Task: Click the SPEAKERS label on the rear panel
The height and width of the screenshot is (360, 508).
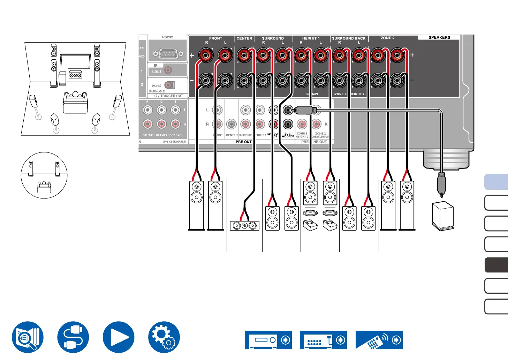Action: (439, 37)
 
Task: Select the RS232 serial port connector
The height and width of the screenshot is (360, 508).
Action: (168, 54)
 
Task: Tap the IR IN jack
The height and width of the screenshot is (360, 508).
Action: (168, 70)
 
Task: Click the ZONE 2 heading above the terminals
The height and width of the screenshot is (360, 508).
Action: (387, 38)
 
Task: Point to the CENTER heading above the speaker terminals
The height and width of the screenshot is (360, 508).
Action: (244, 38)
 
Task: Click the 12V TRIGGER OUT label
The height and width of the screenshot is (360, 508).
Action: (168, 96)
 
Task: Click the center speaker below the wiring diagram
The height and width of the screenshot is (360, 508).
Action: (244, 225)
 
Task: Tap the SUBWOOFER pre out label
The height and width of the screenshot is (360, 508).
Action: (288, 135)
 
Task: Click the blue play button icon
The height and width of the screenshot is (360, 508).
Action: (119, 337)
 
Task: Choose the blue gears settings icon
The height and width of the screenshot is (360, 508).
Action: (164, 337)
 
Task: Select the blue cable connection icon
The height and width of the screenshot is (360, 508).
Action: (73, 337)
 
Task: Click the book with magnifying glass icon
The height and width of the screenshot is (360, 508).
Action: (28, 337)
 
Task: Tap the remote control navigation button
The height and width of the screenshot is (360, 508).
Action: (379, 340)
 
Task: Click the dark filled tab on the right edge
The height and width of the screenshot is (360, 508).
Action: (496, 265)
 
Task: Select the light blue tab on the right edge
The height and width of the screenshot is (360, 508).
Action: (496, 182)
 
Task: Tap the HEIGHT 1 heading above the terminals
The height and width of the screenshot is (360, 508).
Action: (311, 38)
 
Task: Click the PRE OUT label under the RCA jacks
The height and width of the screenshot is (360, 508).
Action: (243, 142)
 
